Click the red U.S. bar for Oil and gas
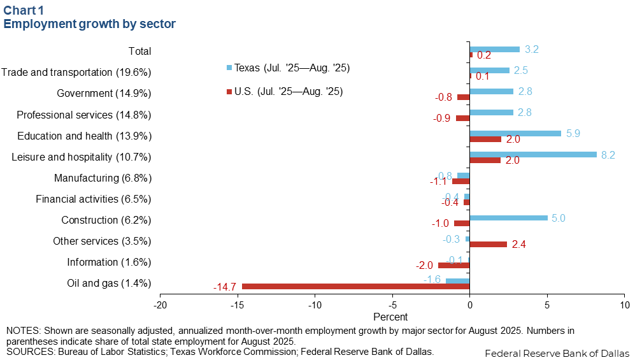(355, 287)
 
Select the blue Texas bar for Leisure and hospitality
(533, 154)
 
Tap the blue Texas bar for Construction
(508, 218)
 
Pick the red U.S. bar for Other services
(488, 244)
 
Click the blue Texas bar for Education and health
(515, 133)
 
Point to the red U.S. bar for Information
(453, 265)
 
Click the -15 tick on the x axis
(238, 305)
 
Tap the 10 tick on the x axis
(624, 305)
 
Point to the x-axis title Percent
(390, 316)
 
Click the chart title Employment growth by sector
(90, 24)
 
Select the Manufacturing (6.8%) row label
(103, 178)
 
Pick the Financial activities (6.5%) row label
(93, 199)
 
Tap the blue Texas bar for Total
(494, 49)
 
